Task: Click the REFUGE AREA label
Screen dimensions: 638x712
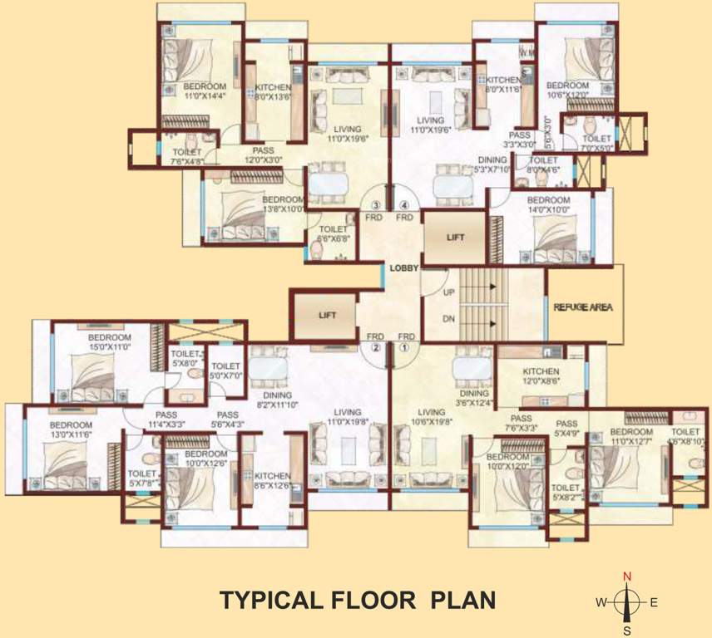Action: click(x=583, y=307)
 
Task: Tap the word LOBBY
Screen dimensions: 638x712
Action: click(x=403, y=267)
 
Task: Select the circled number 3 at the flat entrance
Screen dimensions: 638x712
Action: click(x=376, y=205)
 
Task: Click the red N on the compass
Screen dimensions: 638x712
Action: click(x=628, y=576)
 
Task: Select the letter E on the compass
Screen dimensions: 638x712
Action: click(x=654, y=603)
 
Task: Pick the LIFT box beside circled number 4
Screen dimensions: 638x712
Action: click(x=454, y=237)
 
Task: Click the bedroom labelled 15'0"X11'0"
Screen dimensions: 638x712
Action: click(x=110, y=342)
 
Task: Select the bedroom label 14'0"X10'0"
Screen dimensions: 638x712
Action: click(x=548, y=205)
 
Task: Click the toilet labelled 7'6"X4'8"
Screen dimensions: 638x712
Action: click(x=186, y=157)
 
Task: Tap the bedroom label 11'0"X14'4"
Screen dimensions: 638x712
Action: click(x=205, y=91)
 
